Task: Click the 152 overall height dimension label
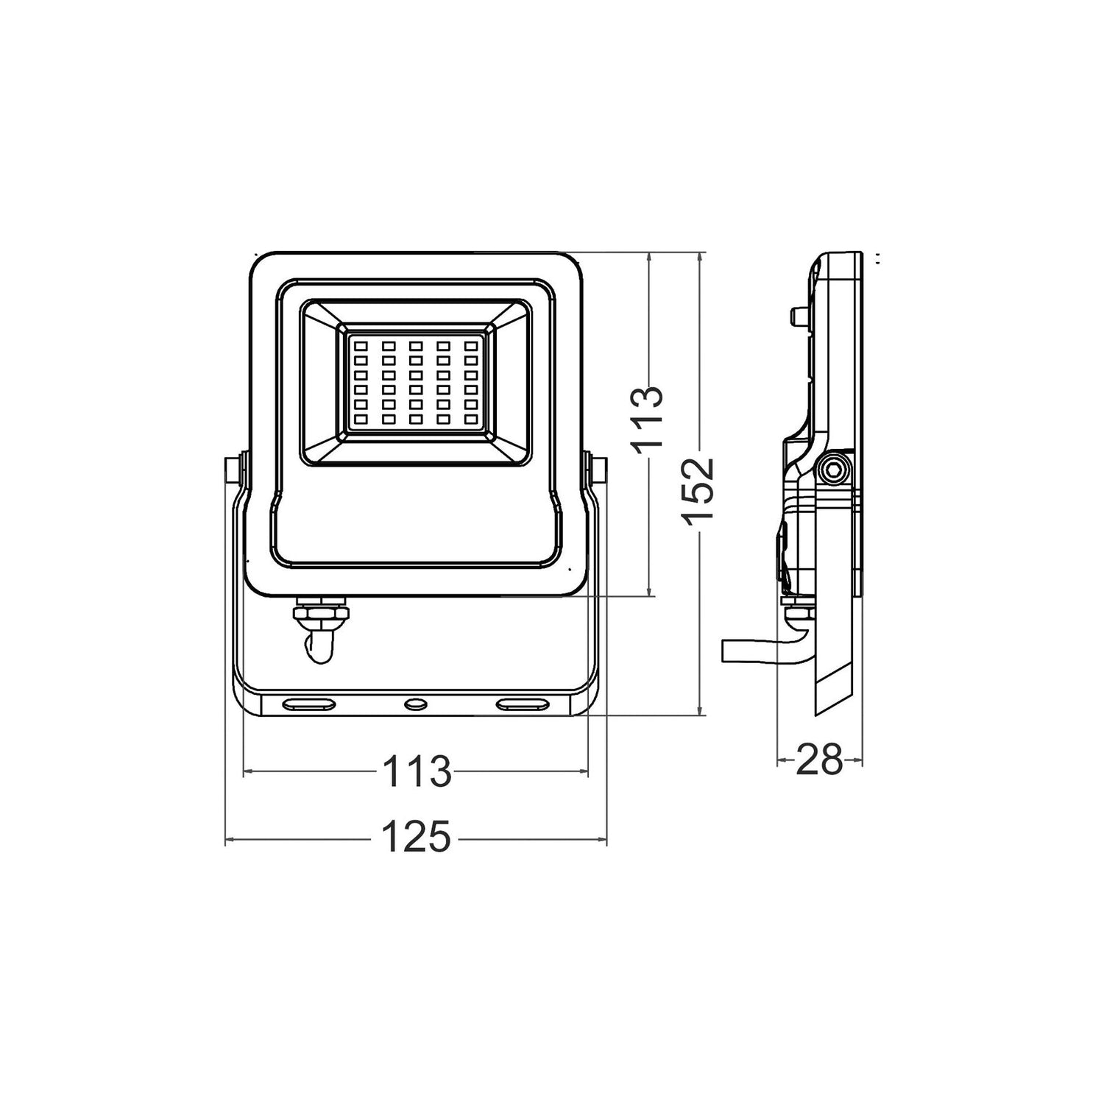[x=698, y=491]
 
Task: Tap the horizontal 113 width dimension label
[x=416, y=771]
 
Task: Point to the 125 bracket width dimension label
[x=416, y=838]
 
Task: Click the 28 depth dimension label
[x=819, y=760]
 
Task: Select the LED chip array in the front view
[x=416, y=382]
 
